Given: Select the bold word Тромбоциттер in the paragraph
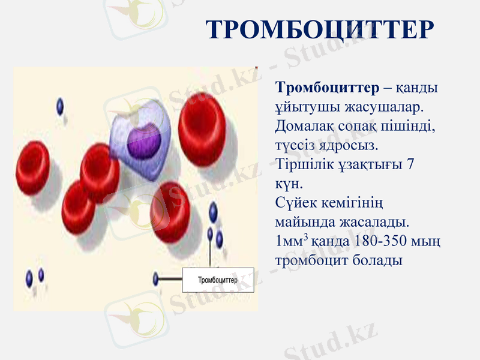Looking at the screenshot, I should (327, 88).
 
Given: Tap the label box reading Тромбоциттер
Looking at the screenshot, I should (218, 280).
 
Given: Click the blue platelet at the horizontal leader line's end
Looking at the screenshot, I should (156, 279).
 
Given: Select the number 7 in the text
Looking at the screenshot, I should (410, 164).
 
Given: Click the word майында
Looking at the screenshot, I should (302, 223).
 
